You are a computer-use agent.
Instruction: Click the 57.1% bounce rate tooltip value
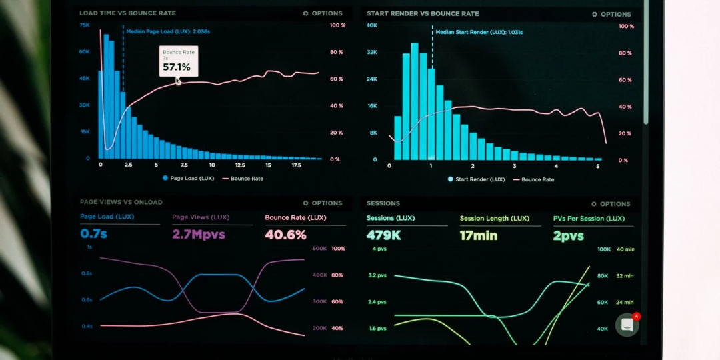pyautogui.click(x=177, y=67)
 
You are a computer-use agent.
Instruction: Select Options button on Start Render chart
pyautogui.click(x=611, y=14)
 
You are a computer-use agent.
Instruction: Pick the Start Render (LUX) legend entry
pyautogui.click(x=476, y=179)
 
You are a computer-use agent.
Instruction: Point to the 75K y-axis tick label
pyautogui.click(x=85, y=25)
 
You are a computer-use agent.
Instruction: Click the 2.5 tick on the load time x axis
pyautogui.click(x=127, y=165)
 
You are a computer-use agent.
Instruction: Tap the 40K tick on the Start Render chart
pyautogui.click(x=372, y=25)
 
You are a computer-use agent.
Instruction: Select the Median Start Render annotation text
pyautogui.click(x=479, y=31)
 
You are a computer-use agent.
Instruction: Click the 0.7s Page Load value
pyautogui.click(x=93, y=234)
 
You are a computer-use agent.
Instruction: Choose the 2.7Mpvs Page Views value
pyautogui.click(x=199, y=235)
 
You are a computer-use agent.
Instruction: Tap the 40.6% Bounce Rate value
pyautogui.click(x=285, y=235)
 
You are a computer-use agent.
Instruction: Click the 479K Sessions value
pyautogui.click(x=383, y=235)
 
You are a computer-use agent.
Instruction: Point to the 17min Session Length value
pyautogui.click(x=478, y=235)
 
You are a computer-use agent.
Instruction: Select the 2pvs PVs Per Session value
pyautogui.click(x=568, y=236)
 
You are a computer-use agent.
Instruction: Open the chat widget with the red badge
pyautogui.click(x=627, y=325)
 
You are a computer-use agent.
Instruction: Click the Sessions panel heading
pyautogui.click(x=383, y=203)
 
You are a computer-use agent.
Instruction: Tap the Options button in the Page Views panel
pyautogui.click(x=322, y=203)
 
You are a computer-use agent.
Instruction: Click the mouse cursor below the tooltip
pyautogui.click(x=178, y=81)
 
